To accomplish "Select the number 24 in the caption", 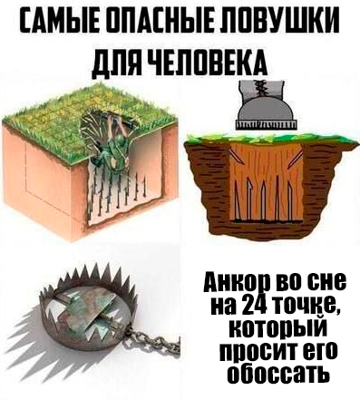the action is click(x=258, y=305).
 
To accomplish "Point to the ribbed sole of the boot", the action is click(x=266, y=124).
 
